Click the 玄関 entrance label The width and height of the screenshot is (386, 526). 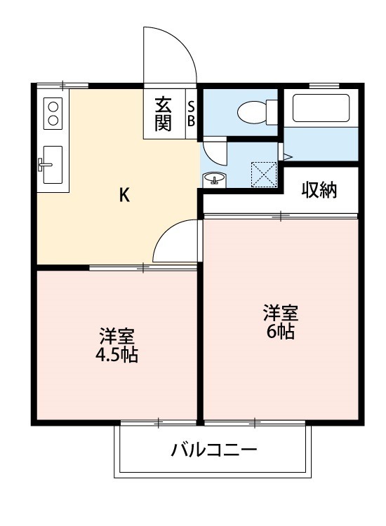click(x=164, y=114)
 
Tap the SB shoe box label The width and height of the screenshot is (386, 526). click(x=191, y=114)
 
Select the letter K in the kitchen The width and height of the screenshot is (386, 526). click(x=124, y=196)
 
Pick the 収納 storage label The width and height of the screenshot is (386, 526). click(x=320, y=189)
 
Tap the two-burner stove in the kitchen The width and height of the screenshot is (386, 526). click(x=53, y=112)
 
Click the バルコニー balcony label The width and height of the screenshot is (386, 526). click(x=214, y=450)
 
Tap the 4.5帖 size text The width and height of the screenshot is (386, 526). click(x=117, y=354)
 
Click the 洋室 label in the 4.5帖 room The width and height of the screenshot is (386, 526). click(x=117, y=335)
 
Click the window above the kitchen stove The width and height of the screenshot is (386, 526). click(x=62, y=86)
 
